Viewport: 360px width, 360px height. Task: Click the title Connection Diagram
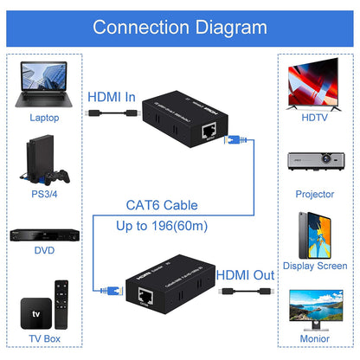tap(180, 27)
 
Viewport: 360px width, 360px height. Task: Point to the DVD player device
tap(44, 235)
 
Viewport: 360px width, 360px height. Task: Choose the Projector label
tap(314, 194)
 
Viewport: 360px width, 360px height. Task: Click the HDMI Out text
tap(245, 274)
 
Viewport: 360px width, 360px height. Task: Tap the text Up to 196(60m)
tap(162, 226)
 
